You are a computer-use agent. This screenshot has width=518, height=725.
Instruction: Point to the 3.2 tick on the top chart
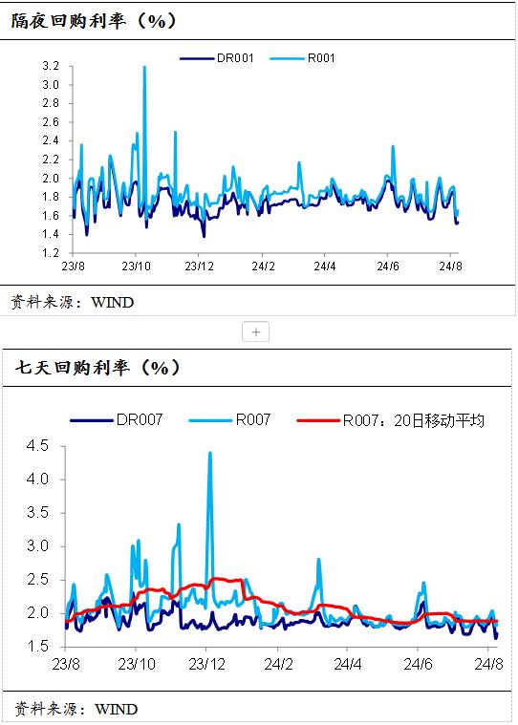pyautogui.click(x=51, y=66)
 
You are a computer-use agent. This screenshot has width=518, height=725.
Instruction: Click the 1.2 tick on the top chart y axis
pyautogui.click(x=51, y=253)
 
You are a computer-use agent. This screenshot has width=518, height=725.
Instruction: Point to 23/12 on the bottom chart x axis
pyautogui.click(x=207, y=662)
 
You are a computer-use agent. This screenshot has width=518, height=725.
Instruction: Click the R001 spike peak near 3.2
pyautogui.click(x=144, y=67)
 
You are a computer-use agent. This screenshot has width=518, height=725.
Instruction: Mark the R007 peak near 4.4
pyautogui.click(x=210, y=453)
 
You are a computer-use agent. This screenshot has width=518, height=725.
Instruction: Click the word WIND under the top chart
pyautogui.click(x=112, y=303)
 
